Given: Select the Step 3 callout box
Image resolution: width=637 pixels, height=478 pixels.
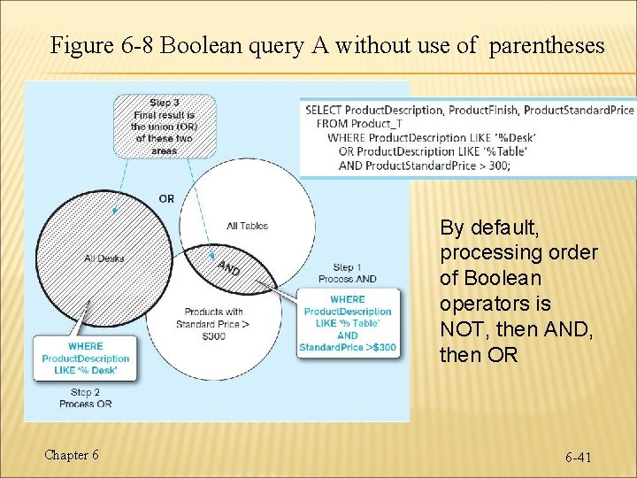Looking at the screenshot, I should (x=164, y=126).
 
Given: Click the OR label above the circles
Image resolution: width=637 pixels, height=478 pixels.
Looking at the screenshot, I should (x=166, y=198).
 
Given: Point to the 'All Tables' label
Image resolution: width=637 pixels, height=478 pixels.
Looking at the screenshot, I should (x=247, y=226).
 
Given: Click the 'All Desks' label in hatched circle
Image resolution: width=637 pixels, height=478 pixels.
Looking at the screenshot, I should (x=104, y=258).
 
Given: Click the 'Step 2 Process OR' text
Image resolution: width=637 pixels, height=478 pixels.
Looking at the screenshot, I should (x=85, y=397).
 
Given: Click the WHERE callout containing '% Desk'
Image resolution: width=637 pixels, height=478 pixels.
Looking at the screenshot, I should (x=85, y=358).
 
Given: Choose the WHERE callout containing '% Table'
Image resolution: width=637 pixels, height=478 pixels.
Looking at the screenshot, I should (x=347, y=323).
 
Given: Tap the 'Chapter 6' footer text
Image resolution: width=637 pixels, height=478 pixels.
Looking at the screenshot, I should (x=72, y=455).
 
